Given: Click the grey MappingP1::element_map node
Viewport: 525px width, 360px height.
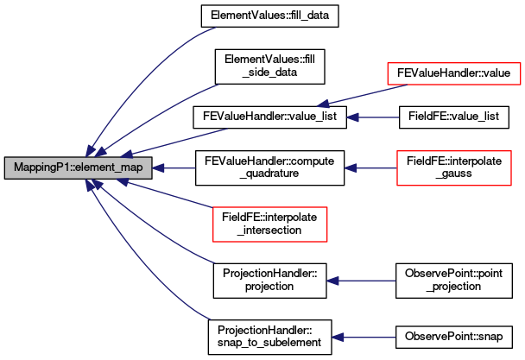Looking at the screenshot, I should click(78, 168).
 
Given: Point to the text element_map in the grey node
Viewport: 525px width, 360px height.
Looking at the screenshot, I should click(110, 168).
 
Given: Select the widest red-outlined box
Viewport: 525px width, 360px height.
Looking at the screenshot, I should click(453, 73).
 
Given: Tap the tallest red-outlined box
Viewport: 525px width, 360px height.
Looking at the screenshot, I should click(454, 167).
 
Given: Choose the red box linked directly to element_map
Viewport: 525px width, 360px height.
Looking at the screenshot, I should click(270, 224).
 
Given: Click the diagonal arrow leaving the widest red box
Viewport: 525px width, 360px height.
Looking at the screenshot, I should click(363, 95).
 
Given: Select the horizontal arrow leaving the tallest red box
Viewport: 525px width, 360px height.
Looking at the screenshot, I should click(371, 168).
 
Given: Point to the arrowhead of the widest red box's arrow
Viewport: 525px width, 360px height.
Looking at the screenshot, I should click(322, 104).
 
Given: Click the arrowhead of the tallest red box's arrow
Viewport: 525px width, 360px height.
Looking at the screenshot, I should click(350, 168).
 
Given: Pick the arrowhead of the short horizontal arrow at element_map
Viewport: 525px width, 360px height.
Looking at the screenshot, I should click(158, 168).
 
